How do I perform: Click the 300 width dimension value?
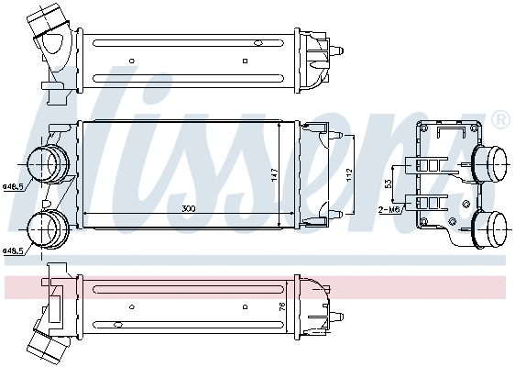tap(188, 209)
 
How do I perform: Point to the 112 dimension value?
tap(348, 174)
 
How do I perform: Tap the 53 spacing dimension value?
tap(388, 183)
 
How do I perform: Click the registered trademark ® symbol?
tap(500, 120)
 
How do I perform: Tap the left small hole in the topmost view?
tap(132, 61)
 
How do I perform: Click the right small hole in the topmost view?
tap(246, 61)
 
